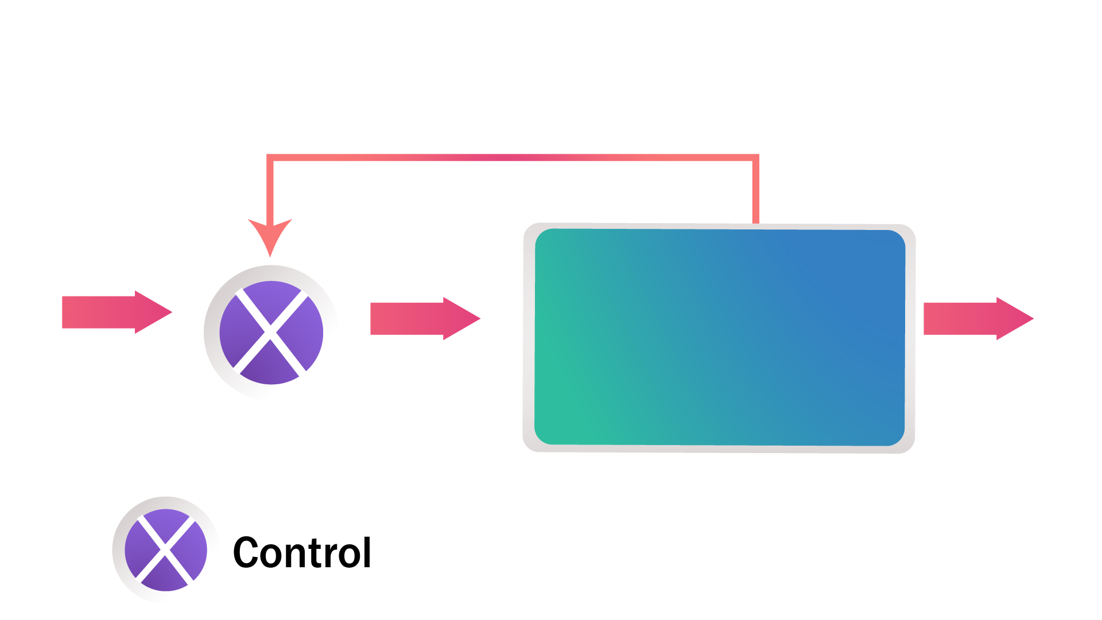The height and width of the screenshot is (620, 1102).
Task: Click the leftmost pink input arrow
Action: [x=117, y=312]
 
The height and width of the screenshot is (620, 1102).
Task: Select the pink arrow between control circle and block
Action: [x=425, y=318]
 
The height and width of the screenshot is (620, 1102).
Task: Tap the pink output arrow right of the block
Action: [x=979, y=318]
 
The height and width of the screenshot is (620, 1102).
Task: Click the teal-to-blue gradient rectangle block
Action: [x=720, y=337]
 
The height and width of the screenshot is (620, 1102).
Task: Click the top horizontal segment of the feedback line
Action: [x=513, y=157]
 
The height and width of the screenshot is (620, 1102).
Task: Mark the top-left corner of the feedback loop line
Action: [x=270, y=157]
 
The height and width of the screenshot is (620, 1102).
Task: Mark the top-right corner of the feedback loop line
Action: [x=756, y=157]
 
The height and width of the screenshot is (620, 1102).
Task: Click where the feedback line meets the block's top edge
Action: [x=756, y=223]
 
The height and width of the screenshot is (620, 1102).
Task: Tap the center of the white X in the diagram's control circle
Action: [x=270, y=332]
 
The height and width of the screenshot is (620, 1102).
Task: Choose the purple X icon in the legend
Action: [x=165, y=549]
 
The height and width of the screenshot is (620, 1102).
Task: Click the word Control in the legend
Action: [x=302, y=552]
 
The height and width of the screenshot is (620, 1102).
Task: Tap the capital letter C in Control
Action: [x=246, y=552]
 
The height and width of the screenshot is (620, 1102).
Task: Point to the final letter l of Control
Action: [x=367, y=552]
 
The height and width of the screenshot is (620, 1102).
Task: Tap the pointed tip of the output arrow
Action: [x=1034, y=318]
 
